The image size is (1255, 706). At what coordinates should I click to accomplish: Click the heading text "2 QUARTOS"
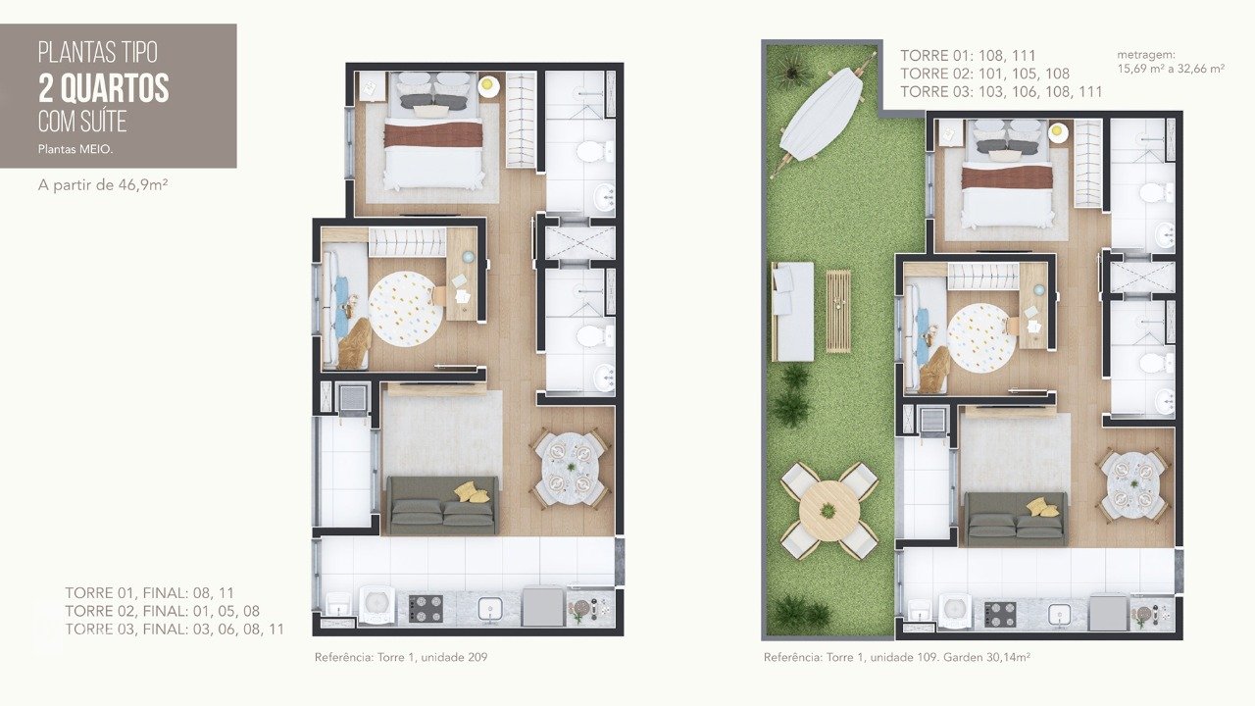click(x=103, y=89)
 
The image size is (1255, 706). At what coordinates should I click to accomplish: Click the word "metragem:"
click(x=1145, y=54)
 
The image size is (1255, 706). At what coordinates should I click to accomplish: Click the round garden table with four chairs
click(x=829, y=511)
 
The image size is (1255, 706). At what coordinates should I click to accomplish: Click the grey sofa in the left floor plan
click(x=442, y=505)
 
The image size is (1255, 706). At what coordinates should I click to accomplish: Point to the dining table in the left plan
click(x=570, y=468)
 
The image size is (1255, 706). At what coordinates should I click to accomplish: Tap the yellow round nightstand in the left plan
click(x=488, y=86)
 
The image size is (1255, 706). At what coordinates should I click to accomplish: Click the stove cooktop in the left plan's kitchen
click(x=426, y=609)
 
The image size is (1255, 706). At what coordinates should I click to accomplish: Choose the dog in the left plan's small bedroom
click(x=353, y=342)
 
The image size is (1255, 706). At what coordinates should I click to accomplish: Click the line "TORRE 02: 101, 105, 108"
click(x=984, y=74)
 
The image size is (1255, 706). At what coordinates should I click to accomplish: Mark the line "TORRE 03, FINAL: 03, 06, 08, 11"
click(x=175, y=630)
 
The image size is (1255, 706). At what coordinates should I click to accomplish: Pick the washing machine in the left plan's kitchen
click(x=377, y=606)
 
